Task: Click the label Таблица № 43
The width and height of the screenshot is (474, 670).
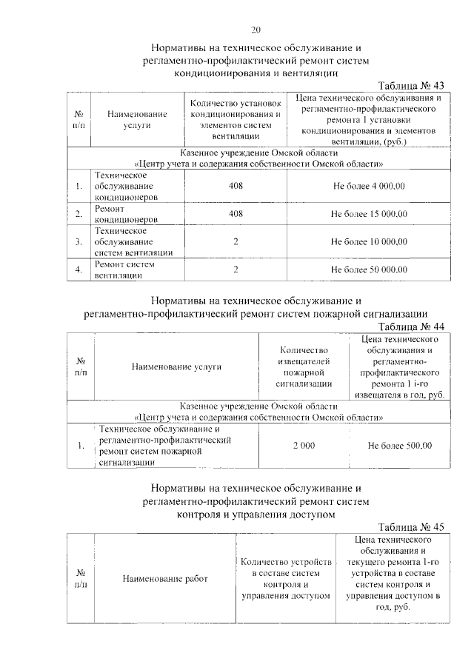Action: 410,86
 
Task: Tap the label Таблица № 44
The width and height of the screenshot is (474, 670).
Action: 410,326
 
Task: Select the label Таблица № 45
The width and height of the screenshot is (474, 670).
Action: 410,526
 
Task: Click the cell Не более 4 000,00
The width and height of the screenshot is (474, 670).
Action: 369,186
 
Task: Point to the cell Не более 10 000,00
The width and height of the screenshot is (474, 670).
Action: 369,241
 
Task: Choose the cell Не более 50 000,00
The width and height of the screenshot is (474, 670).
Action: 369,269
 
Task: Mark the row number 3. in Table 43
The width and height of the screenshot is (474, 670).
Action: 79,241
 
